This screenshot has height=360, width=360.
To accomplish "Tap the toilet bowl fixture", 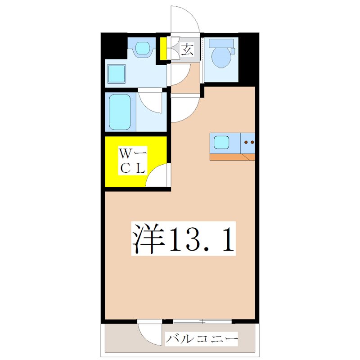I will tap(220, 58).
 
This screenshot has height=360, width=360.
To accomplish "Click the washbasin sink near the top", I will tap(143, 48).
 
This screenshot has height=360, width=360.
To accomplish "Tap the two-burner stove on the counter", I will tap(248, 143).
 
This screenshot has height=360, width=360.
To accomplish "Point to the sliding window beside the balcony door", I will tap(202, 321).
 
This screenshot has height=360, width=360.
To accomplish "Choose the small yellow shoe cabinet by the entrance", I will tap(164, 49).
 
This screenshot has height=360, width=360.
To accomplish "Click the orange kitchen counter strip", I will tap(232, 157).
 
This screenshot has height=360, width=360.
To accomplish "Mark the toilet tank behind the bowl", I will tap(222, 43).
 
